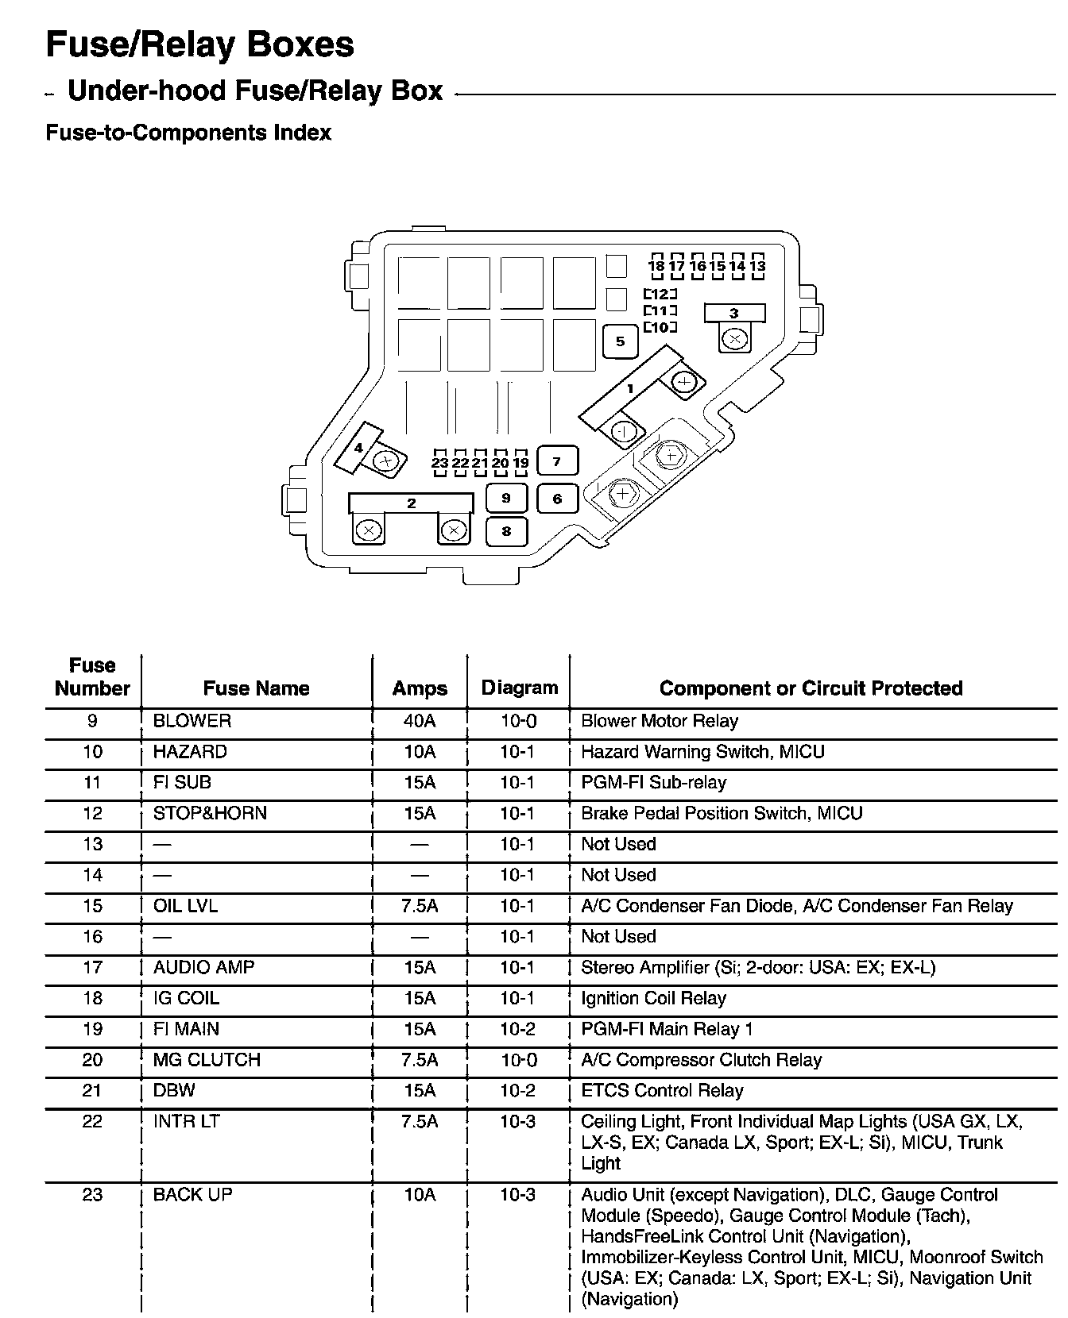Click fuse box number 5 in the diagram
pos(621,342)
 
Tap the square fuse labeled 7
pos(557,461)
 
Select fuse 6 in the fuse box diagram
pos(557,499)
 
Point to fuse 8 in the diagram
pos(506,531)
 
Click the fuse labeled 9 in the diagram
pos(506,498)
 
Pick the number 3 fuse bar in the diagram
pos(734,313)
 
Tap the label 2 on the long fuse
pos(411,503)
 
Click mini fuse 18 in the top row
pos(656,266)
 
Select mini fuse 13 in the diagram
pos(757,266)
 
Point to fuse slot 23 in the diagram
pos(440,463)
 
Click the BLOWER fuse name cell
pos(192,721)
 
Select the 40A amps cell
pos(420,721)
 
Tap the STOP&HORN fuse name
pos(210,813)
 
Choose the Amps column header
pos(420,688)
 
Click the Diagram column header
pos(520,688)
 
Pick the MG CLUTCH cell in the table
pos(207,1060)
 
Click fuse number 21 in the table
pos(93,1091)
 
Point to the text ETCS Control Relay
pos(662,1091)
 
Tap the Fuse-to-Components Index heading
pos(188,133)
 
